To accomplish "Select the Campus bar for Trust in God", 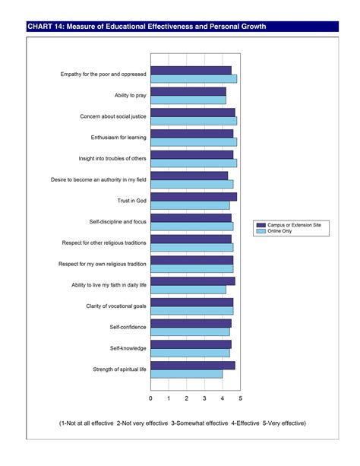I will tap(194, 196).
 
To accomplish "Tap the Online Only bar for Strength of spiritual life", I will tap(186, 373).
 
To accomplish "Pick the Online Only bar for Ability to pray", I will tap(188, 100).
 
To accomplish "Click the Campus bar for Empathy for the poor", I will tap(191, 70).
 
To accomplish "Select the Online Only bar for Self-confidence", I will tap(190, 331).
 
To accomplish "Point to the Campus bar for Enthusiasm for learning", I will tap(191, 133).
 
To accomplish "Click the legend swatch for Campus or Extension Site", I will tap(261, 225).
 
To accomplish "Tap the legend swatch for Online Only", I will tap(261, 232).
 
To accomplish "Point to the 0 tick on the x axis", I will tap(150, 398).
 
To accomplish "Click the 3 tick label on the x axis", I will tap(204, 398).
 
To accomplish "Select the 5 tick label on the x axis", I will tap(241, 398).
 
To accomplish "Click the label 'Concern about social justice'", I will tap(113, 116).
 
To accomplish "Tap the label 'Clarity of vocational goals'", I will tap(116, 306).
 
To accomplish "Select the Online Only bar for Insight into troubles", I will tap(194, 163).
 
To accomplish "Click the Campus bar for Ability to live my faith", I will tap(192, 281).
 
